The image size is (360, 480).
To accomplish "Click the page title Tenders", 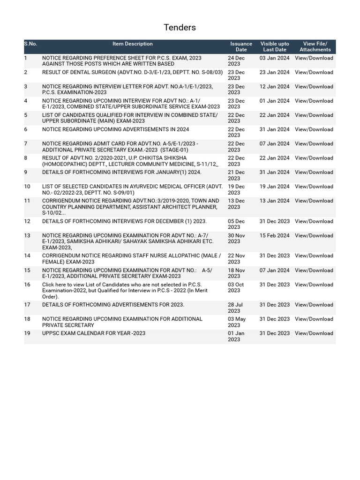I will pyautogui.click(x=180, y=28).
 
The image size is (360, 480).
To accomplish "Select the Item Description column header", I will pyautogui.click(x=132, y=44).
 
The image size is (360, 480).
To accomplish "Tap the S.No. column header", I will pyautogui.click(x=30, y=44).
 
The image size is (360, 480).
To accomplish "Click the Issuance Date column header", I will pyautogui.click(x=241, y=46).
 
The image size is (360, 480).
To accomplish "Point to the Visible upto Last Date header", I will pyautogui.click(x=275, y=46).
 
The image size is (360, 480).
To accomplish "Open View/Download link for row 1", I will pyautogui.click(x=314, y=58).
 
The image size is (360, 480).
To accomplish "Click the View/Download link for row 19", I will pyautogui.click(x=314, y=333).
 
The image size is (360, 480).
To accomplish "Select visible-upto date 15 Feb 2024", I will pyautogui.click(x=275, y=236).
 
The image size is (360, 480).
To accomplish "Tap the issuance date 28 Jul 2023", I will pyautogui.click(x=235, y=307).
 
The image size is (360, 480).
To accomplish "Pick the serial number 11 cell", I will pyautogui.click(x=27, y=201).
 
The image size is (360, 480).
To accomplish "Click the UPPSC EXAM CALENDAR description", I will pyautogui.click(x=94, y=333).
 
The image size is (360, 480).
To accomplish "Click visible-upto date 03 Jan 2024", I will pyautogui.click(x=275, y=58).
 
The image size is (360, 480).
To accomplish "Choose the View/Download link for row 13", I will pyautogui.click(x=314, y=236).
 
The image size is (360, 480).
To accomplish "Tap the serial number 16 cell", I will pyautogui.click(x=27, y=285).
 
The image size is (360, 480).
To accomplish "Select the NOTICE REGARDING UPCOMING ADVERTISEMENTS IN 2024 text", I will pyautogui.click(x=116, y=129).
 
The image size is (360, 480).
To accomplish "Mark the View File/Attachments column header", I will pyautogui.click(x=315, y=46).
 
